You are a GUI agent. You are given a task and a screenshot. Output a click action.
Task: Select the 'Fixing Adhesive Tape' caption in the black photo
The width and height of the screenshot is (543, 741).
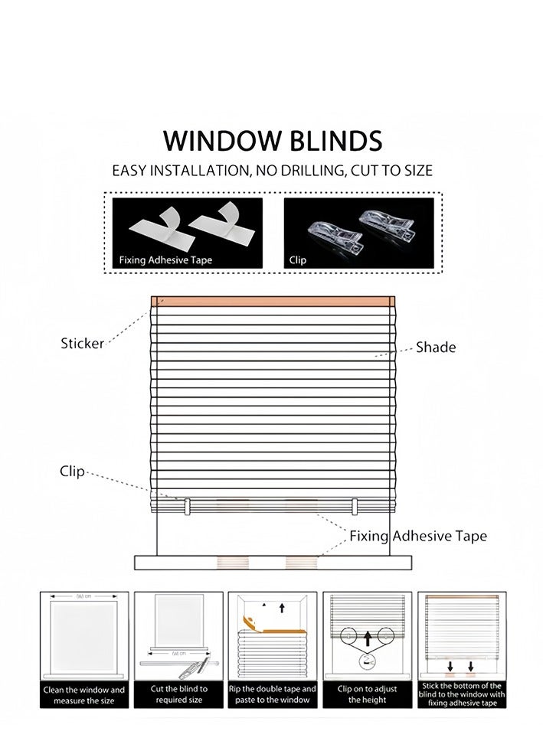coord(165,260)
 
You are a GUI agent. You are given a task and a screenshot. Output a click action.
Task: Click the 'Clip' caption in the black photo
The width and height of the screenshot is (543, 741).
coord(298,260)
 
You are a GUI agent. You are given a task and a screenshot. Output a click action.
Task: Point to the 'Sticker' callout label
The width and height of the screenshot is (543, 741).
coord(82,344)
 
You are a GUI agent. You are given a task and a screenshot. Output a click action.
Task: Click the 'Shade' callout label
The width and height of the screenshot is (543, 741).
coord(436,348)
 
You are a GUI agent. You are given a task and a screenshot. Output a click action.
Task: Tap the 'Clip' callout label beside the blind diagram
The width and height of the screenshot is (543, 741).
coord(72,472)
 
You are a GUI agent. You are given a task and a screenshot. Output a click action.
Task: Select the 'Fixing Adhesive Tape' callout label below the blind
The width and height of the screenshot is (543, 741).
coord(418,536)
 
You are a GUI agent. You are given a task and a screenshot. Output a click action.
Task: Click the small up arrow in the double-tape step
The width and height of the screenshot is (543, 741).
coord(282,608)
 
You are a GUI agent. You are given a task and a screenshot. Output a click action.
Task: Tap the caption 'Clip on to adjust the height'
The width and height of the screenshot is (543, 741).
coord(367,694)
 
